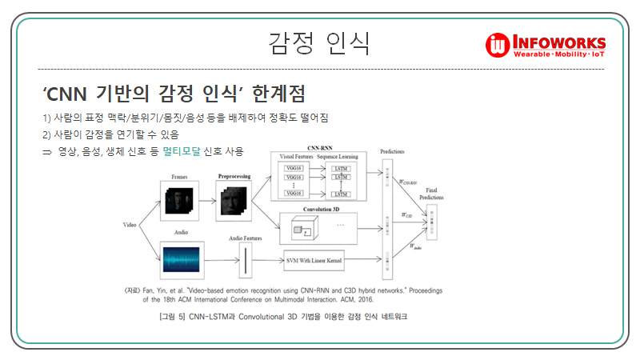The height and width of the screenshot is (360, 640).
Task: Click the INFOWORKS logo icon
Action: tap(497, 45)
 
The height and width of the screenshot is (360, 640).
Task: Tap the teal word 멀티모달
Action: tap(182, 150)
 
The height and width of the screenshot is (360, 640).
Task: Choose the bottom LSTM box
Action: tap(342, 194)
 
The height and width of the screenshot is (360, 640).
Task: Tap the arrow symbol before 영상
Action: tap(47, 151)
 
